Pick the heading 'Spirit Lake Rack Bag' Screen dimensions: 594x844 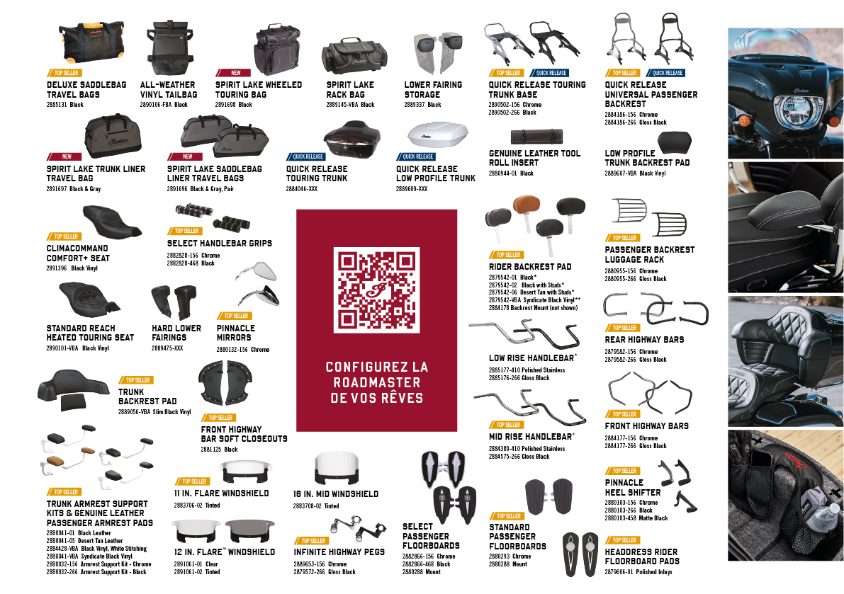[350, 89]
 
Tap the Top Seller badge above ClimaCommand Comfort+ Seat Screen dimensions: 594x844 [64, 236]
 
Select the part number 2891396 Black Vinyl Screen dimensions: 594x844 [72, 269]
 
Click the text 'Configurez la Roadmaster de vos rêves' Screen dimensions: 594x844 [376, 382]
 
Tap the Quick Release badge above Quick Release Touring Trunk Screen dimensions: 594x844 [305, 157]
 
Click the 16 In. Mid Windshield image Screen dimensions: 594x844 [337, 469]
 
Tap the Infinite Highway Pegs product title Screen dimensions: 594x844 [339, 552]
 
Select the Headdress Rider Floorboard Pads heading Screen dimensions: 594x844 [641, 556]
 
